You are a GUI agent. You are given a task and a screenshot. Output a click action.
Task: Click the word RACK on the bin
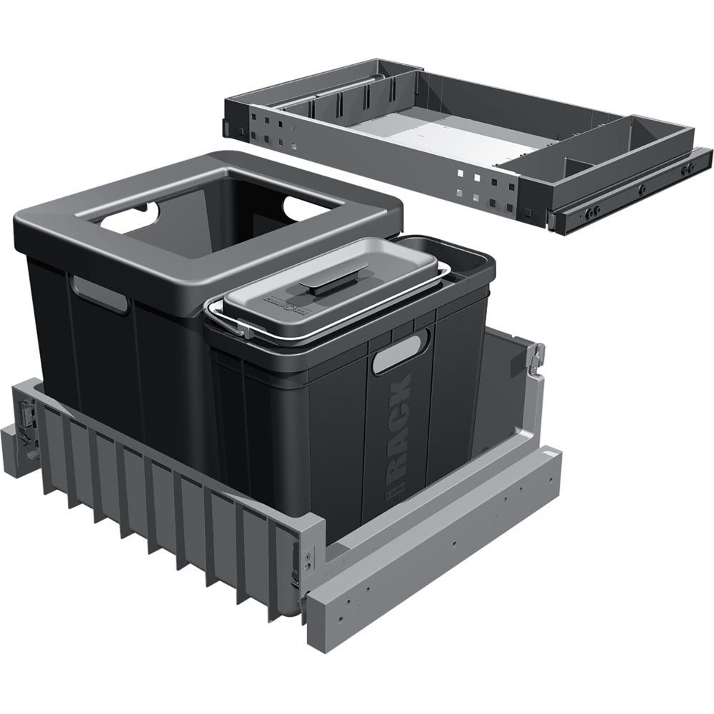click(x=399, y=429)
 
